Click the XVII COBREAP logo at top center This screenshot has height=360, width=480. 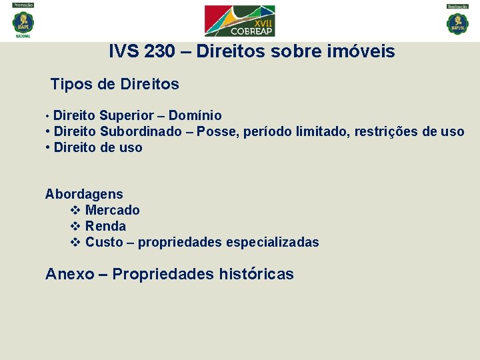239,21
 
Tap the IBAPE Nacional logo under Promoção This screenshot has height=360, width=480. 23,22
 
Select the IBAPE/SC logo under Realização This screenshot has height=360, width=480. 457,22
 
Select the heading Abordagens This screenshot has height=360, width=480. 84,194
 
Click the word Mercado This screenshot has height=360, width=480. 113,210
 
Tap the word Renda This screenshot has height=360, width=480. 105,226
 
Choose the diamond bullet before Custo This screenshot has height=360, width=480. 75,242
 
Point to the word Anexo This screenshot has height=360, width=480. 69,274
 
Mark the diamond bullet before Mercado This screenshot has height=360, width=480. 75,210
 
